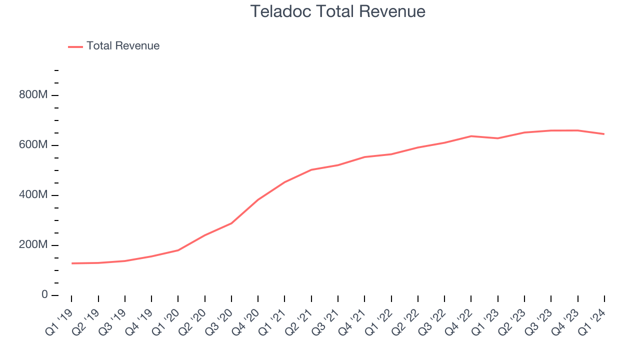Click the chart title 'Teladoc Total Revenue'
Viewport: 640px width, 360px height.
[337, 11]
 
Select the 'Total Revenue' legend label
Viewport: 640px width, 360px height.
[122, 46]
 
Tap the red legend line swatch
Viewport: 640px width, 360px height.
[75, 46]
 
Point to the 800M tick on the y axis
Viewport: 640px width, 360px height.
[33, 95]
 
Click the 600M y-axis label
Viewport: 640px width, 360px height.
[33, 145]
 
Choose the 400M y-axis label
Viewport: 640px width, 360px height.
[33, 195]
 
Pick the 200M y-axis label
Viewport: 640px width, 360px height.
[33, 245]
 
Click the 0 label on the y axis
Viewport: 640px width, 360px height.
[44, 295]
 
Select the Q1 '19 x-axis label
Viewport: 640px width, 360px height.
[59, 321]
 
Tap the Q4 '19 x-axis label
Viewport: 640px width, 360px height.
[139, 321]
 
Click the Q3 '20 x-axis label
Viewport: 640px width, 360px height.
[219, 321]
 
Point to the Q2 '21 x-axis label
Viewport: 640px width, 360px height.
[299, 321]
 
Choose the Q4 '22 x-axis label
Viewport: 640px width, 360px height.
[459, 321]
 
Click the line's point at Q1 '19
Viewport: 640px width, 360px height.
[71, 263]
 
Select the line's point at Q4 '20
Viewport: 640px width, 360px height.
[258, 200]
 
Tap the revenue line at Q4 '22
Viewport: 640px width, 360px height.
[471, 136]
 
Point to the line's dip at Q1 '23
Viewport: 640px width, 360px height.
[498, 138]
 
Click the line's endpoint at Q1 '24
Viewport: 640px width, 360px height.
[604, 134]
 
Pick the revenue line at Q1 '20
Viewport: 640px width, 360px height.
[178, 250]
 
